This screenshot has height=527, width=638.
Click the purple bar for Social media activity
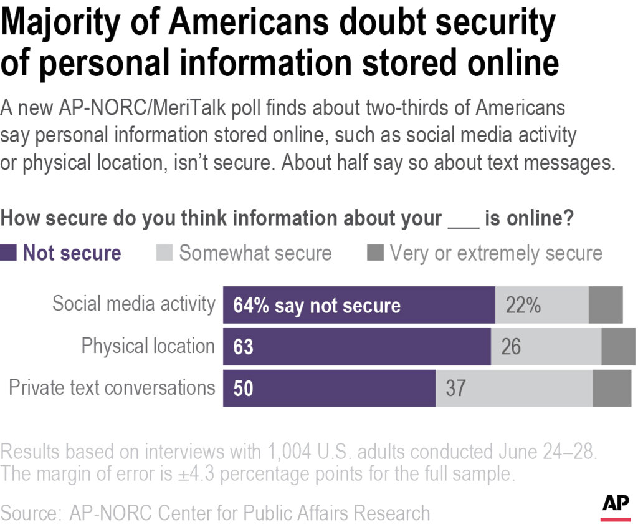(359, 305)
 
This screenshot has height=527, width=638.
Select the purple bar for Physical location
(357, 346)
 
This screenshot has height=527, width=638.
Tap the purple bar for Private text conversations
(329, 388)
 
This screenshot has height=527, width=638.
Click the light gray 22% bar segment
(541, 305)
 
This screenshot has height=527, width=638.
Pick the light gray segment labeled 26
(546, 346)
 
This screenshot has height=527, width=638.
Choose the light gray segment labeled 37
(514, 388)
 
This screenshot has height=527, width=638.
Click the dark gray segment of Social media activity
(606, 305)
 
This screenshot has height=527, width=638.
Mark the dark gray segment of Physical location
(618, 346)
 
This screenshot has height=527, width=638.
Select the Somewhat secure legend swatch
(163, 253)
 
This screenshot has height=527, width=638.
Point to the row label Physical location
(148, 346)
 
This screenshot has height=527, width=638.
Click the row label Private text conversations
(112, 388)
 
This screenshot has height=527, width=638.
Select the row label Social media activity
(133, 304)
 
